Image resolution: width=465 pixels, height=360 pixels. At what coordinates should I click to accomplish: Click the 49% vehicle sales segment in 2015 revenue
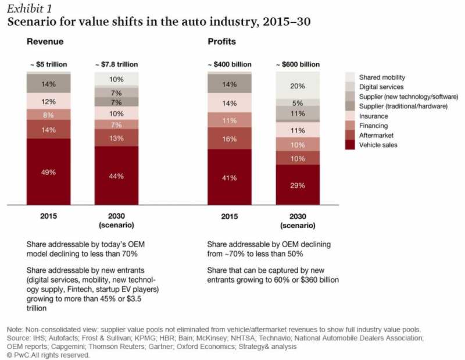48,172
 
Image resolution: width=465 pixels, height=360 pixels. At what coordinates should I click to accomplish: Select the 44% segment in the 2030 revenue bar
116,175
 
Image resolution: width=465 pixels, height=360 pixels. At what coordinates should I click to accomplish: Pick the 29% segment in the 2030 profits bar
297,184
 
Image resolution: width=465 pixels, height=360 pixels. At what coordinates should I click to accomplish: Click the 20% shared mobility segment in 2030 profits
297,85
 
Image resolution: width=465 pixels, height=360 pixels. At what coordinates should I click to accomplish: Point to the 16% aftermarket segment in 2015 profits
230,138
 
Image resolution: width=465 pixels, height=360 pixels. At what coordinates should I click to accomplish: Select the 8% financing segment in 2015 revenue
48,114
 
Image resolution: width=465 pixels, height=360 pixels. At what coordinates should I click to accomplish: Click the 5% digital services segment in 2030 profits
297,102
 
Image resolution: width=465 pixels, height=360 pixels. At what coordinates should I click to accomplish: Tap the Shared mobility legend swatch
350,77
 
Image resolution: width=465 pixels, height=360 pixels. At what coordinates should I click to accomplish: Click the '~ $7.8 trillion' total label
116,64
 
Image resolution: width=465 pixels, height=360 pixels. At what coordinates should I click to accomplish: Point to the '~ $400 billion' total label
230,64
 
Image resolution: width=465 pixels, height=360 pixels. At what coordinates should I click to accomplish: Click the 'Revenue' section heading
44,42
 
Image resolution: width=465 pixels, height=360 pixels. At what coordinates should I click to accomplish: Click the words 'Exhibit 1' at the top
28,8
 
